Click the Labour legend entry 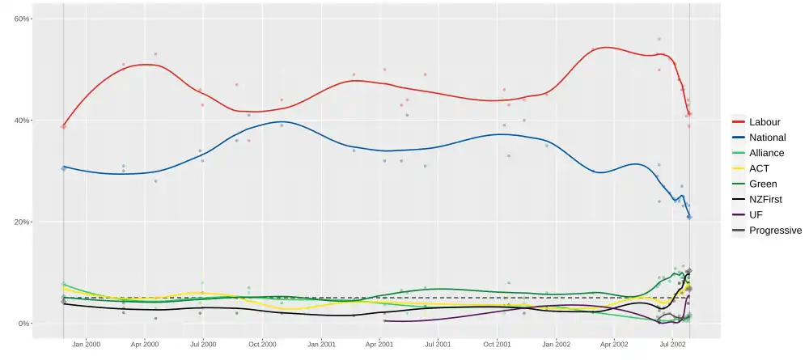pyautogui.click(x=765, y=122)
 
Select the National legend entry pyautogui.click(x=766, y=138)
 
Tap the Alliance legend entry pyautogui.click(x=765, y=153)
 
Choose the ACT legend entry pyautogui.click(x=760, y=168)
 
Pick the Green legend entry pyautogui.click(x=762, y=184)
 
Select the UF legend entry pyautogui.click(x=756, y=214)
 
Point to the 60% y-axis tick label pyautogui.click(x=23, y=19)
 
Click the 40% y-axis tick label pyautogui.click(x=23, y=121)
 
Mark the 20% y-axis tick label pyautogui.click(x=23, y=222)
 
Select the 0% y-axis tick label pyautogui.click(x=24, y=324)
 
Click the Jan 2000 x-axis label pyautogui.click(x=86, y=345)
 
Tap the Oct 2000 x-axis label pyautogui.click(x=262, y=345)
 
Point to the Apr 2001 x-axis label pyautogui.click(x=379, y=345)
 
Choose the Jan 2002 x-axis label pyautogui.click(x=556, y=345)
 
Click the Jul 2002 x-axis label pyautogui.click(x=672, y=345)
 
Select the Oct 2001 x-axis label pyautogui.click(x=497, y=345)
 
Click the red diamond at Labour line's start pyautogui.click(x=64, y=126)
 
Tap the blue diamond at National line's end pyautogui.click(x=689, y=217)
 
